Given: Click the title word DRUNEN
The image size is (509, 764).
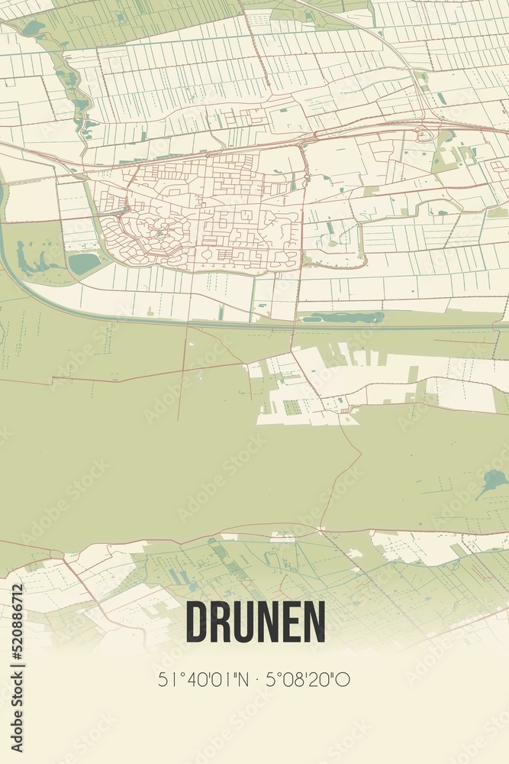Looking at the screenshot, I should pyautogui.click(x=255, y=622).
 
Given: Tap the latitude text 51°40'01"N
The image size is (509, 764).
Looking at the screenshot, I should pyautogui.click(x=201, y=679).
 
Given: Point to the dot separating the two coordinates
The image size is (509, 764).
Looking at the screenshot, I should pyautogui.click(x=255, y=679).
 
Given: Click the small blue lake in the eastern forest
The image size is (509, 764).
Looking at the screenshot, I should pyautogui.click(x=494, y=481).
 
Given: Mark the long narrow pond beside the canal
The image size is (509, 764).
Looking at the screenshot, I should pyautogui.click(x=343, y=317).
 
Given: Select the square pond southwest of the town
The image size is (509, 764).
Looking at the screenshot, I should pyautogui.click(x=84, y=263).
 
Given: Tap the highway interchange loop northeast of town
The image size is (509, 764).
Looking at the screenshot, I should pyautogui.click(x=424, y=135).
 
